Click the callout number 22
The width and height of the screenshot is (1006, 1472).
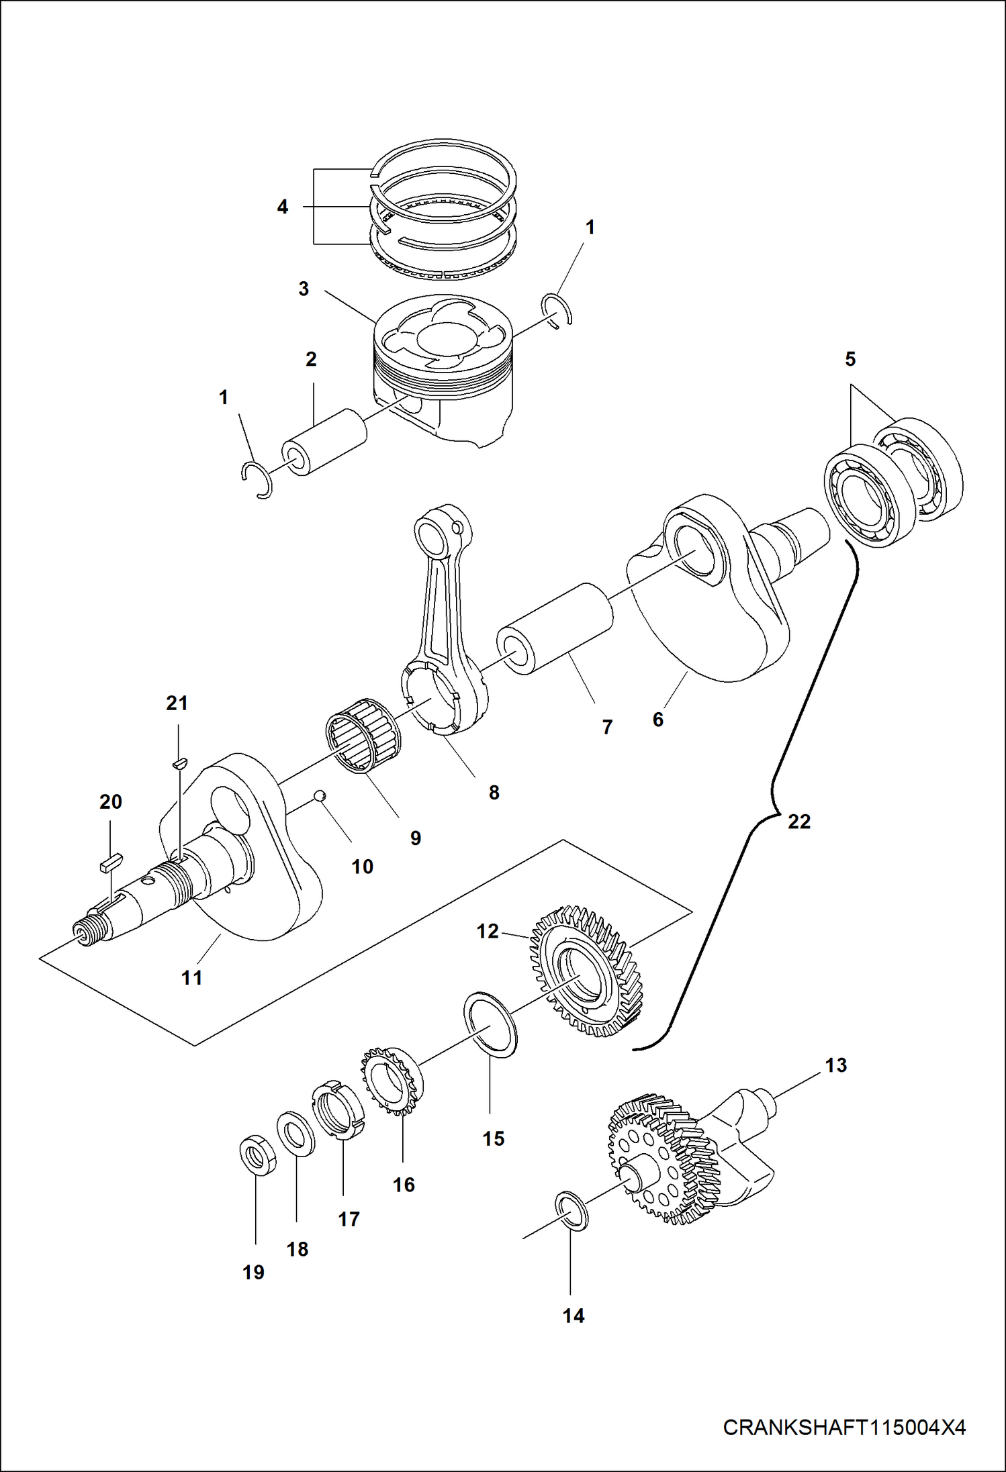(x=798, y=822)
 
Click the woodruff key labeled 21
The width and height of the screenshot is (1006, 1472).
(x=179, y=763)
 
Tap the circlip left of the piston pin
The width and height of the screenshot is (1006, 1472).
(x=257, y=480)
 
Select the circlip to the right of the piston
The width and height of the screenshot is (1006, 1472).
(x=557, y=311)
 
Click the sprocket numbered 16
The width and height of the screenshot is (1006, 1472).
(x=391, y=1079)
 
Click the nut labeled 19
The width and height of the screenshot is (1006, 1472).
(x=258, y=1156)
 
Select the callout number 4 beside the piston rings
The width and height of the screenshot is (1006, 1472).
(x=283, y=207)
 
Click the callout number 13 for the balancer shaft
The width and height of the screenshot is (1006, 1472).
(x=835, y=1065)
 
